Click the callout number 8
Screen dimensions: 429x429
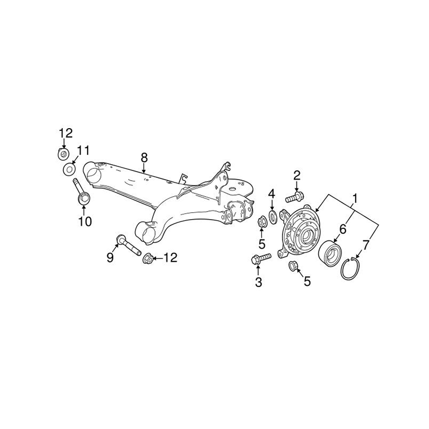point(144,158)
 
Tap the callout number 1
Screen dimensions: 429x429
point(355,199)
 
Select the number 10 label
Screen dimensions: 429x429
point(85,221)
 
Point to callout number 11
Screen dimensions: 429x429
point(82,150)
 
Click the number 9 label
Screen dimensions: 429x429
point(110,257)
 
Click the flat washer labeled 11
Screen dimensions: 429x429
point(69,169)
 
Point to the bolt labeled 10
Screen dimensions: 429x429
point(82,191)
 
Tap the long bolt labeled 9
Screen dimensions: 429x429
point(128,245)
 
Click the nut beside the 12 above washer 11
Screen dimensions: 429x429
point(63,154)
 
